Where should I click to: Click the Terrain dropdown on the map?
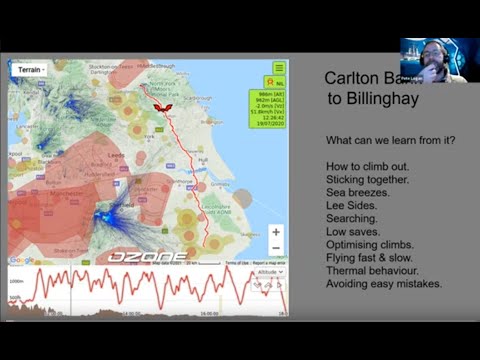pyautogui.click(x=30, y=70)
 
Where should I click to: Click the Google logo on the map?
pyautogui.click(x=21, y=260)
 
